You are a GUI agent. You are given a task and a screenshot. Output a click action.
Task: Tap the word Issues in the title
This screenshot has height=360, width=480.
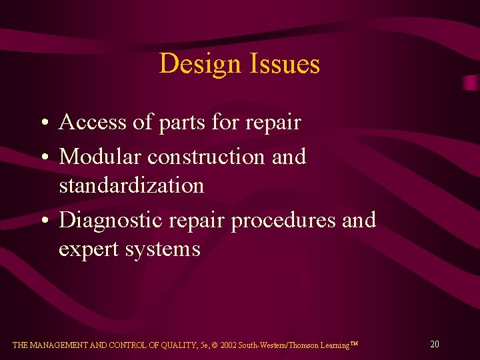(283, 64)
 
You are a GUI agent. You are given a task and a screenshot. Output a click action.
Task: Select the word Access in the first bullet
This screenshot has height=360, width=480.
(91, 123)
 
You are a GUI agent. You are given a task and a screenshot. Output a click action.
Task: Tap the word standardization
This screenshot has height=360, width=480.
(131, 185)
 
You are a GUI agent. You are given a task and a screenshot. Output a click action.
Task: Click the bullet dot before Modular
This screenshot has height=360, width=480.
(43, 158)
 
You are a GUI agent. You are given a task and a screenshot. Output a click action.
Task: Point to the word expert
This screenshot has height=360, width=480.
(89, 249)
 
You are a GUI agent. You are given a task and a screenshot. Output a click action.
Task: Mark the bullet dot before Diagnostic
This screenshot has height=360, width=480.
(43, 221)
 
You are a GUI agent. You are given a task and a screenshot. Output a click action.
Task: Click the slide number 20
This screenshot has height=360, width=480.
(434, 344)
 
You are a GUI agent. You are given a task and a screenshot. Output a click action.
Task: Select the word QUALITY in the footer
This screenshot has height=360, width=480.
(172, 345)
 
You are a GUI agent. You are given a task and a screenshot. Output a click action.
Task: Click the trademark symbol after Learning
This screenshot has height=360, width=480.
(354, 343)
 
